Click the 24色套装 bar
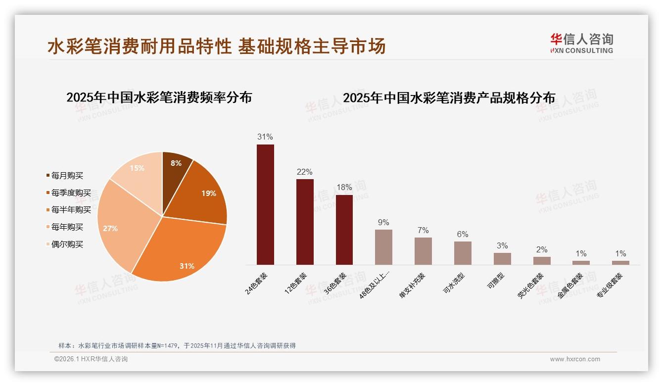click(x=265, y=204)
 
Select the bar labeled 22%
click(x=305, y=222)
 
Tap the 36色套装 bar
click(x=344, y=230)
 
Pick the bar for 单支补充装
click(x=423, y=251)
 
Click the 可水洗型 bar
click(x=463, y=253)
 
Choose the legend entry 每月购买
click(x=67, y=176)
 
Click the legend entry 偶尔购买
click(x=67, y=244)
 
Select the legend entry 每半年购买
click(x=71, y=210)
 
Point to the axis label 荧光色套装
click(x=531, y=286)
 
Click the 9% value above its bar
click(x=383, y=223)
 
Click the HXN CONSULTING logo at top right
click(x=581, y=44)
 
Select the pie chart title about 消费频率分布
click(x=159, y=97)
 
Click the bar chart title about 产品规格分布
click(x=449, y=98)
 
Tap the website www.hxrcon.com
click(x=575, y=359)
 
